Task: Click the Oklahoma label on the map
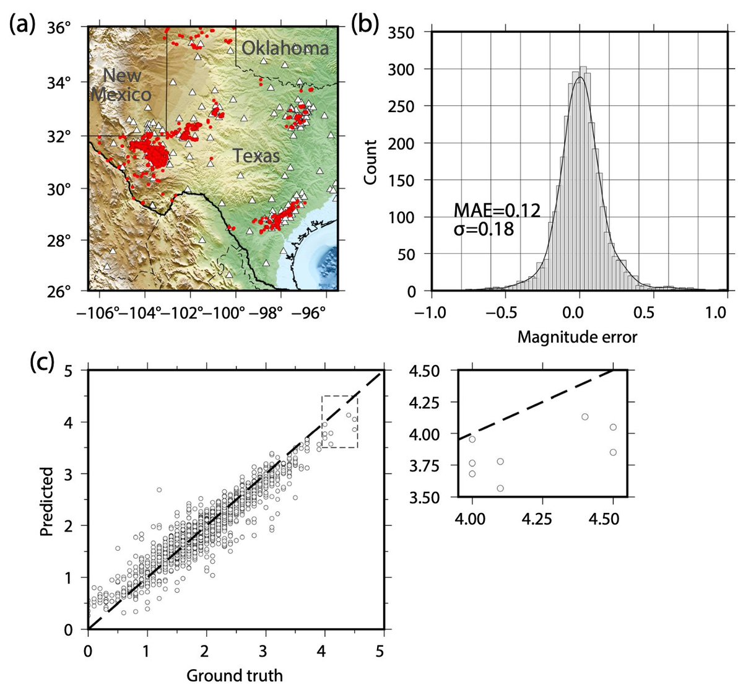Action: tap(285, 48)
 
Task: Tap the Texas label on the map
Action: tap(256, 155)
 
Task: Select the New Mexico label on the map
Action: tap(121, 85)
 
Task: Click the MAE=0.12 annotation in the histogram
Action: tap(497, 210)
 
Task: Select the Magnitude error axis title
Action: tap(577, 337)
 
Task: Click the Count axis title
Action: tap(370, 162)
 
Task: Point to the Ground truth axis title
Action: tap(235, 675)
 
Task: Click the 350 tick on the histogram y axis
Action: tap(409, 33)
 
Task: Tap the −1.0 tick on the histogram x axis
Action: tap(430, 312)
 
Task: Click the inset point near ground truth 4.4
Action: tap(584, 416)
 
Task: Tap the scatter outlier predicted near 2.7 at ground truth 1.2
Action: tap(159, 490)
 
